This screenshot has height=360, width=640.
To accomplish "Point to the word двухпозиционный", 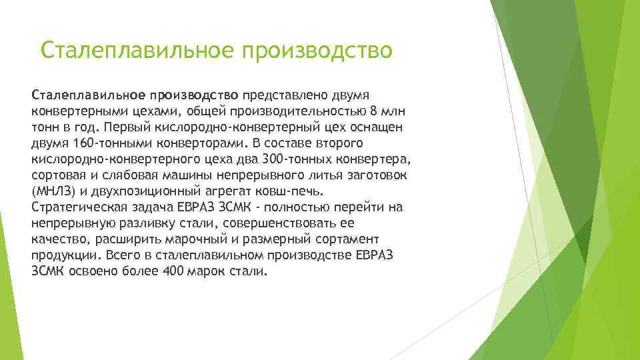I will click(x=142, y=191).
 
